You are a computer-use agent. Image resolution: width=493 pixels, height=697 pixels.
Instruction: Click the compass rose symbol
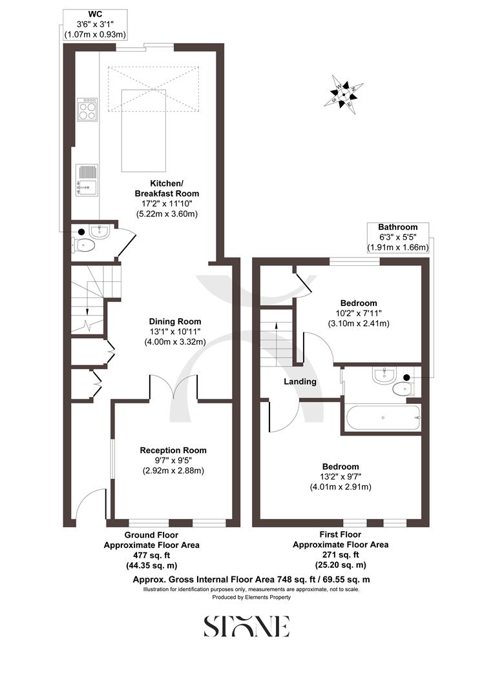coord(342,96)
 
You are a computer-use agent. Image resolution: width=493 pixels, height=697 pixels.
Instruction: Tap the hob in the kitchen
coord(87,109)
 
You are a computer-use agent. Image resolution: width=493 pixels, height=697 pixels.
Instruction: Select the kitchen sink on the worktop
coord(87,179)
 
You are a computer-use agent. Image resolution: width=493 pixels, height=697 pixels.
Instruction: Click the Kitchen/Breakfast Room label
coord(167,188)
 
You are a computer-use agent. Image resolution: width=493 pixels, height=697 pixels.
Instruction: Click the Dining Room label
coord(175,321)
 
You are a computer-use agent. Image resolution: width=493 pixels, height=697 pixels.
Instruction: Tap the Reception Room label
coord(174,450)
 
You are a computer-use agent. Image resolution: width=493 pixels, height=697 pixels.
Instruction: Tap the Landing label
coord(300,381)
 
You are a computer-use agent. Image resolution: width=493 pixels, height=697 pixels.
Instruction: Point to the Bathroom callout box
coord(397,237)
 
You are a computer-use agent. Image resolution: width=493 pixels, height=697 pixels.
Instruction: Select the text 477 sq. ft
coord(152,554)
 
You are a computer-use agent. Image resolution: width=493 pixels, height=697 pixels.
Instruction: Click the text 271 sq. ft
coord(341,554)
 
